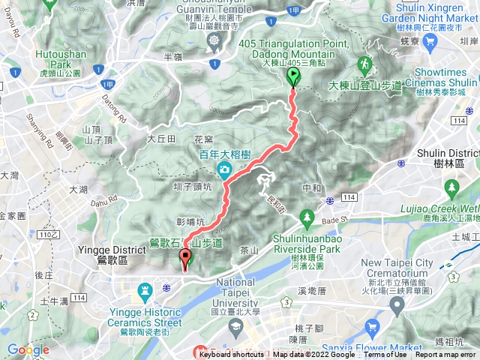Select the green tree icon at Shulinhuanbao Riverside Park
(x=306, y=218)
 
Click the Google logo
(x=28, y=349)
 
